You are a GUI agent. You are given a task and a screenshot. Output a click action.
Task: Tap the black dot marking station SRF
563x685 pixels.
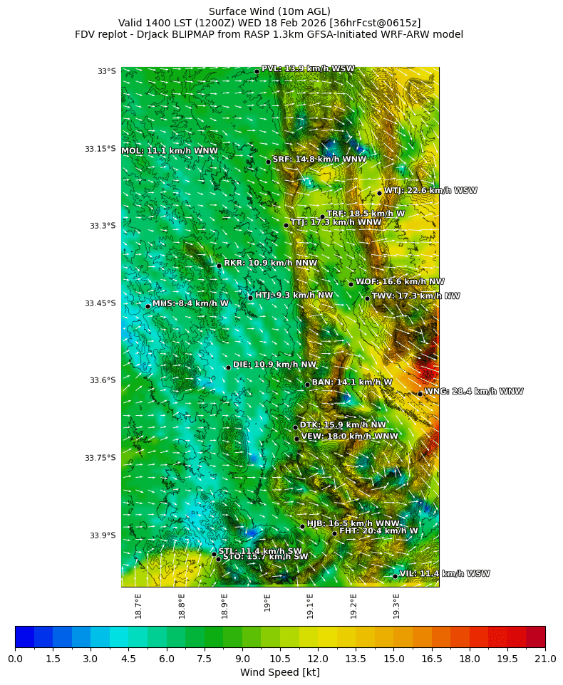pyautogui.click(x=268, y=162)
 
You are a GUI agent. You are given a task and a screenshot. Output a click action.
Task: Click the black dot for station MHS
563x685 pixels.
pyautogui.click(x=148, y=306)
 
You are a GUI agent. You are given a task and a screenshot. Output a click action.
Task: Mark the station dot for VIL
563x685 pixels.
pyautogui.click(x=395, y=576)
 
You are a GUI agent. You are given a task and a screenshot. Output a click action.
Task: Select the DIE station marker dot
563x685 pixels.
pyautogui.click(x=228, y=367)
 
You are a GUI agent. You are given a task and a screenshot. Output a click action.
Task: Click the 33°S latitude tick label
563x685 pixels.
pyautogui.click(x=106, y=71)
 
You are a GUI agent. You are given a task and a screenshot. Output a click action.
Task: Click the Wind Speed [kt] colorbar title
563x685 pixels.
pyautogui.click(x=279, y=672)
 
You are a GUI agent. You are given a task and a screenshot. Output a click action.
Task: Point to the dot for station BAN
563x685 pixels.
pyautogui.click(x=307, y=385)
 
